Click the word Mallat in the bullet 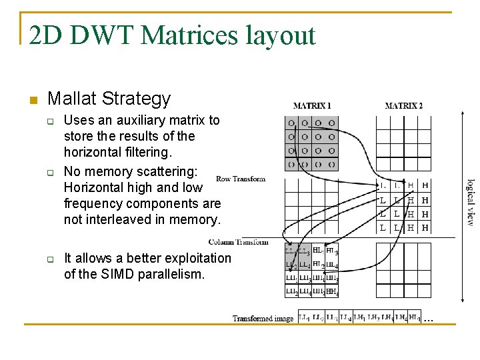(x=73, y=99)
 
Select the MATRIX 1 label (x=312, y=105)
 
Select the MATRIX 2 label (x=403, y=105)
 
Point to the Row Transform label (x=241, y=179)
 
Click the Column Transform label (x=238, y=242)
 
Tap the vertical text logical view (x=470, y=201)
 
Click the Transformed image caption (x=263, y=319)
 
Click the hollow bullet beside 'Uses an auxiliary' (x=49, y=121)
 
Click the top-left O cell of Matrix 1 (x=291, y=123)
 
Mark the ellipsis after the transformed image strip (x=428, y=319)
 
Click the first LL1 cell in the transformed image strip (x=304, y=318)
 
